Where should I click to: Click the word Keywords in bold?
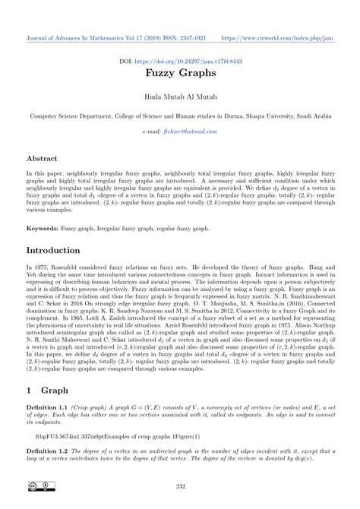[x=43, y=226]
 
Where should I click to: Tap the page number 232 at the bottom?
[x=179, y=487]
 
